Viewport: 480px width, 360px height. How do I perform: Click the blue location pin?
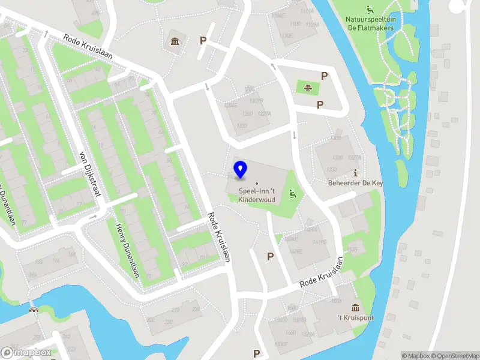[241, 169]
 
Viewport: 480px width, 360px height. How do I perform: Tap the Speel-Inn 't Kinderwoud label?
[257, 195]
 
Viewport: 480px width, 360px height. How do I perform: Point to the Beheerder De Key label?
[355, 182]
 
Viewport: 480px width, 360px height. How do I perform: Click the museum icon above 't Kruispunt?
[356, 307]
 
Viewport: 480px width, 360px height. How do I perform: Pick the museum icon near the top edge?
[175, 41]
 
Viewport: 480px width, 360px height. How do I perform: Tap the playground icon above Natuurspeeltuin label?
[370, 8]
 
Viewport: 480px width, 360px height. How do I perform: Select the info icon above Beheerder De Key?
[355, 172]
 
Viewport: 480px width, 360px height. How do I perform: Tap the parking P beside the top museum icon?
[203, 41]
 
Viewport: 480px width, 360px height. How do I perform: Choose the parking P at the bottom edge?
[257, 353]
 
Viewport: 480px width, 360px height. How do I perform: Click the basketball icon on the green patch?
[308, 88]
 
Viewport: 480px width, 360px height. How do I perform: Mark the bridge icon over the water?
[35, 310]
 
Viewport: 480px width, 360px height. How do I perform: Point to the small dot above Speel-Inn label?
[257, 183]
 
